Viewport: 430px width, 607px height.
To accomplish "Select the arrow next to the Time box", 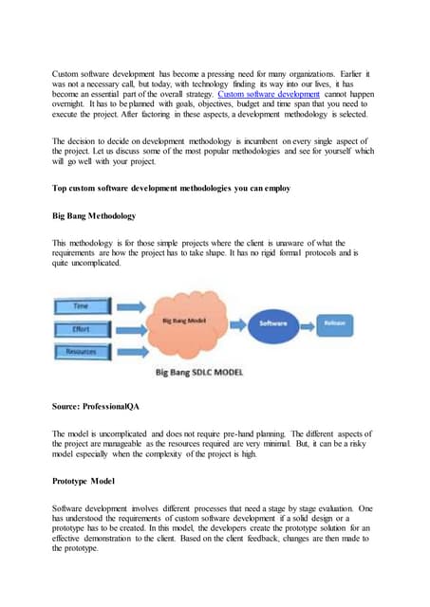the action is pyautogui.click(x=131, y=306).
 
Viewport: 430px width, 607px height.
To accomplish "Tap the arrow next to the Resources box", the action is pyautogui.click(x=131, y=351).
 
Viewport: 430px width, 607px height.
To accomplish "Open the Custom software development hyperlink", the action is pyautogui.click(x=270, y=94).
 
